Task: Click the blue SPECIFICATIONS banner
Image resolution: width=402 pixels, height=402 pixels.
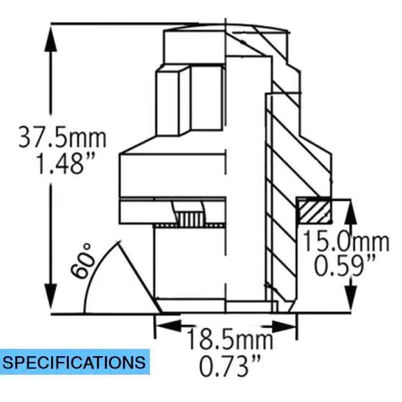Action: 75,360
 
